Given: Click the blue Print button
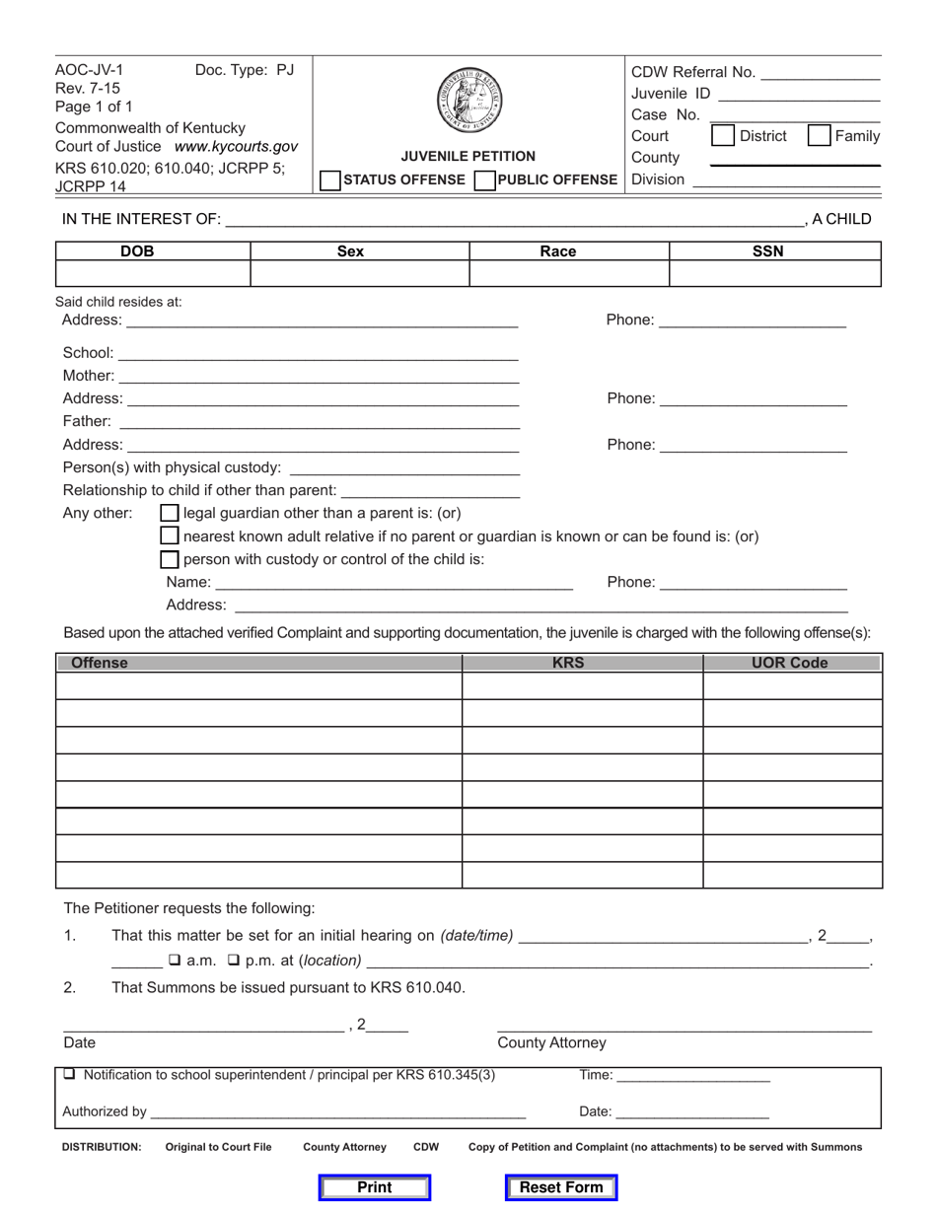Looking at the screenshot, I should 375,1187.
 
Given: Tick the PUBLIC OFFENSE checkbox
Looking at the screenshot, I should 484,179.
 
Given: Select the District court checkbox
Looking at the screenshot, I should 723,136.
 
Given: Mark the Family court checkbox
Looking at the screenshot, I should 819,136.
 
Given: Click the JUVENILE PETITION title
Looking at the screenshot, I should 468,156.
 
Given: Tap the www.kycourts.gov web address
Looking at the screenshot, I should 236,146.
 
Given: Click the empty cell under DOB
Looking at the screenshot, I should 153,274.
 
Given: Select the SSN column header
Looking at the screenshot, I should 767,251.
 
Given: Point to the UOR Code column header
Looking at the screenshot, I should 790,663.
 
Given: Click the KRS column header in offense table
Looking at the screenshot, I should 568,663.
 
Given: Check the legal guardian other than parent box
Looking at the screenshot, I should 171,513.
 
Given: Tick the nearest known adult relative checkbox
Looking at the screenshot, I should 171,536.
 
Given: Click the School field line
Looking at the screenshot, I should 318,353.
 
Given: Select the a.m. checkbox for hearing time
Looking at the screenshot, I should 174,961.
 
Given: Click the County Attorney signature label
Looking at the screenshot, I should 551,1043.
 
